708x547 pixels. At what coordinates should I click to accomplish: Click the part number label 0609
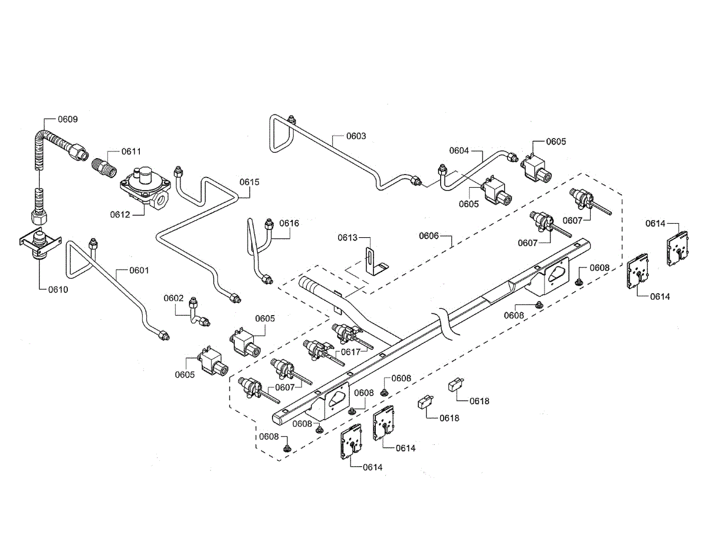(x=68, y=119)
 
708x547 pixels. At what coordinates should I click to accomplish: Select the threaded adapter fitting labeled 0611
(x=104, y=168)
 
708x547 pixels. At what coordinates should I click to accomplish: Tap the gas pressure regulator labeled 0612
(x=145, y=188)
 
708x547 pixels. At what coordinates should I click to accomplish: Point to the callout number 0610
(x=58, y=289)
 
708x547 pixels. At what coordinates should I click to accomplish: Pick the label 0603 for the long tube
(x=356, y=136)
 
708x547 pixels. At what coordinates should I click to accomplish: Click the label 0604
(x=459, y=150)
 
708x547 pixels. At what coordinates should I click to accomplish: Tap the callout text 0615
(x=250, y=182)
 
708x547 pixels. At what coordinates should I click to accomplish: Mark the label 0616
(x=289, y=223)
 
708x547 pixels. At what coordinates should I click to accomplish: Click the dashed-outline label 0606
(x=429, y=235)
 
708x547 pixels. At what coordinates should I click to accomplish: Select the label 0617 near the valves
(x=351, y=352)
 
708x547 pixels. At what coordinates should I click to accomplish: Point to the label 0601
(x=139, y=270)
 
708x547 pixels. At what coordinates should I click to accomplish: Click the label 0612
(x=120, y=214)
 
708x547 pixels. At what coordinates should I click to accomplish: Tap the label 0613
(x=348, y=237)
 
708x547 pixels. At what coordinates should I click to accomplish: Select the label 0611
(x=132, y=151)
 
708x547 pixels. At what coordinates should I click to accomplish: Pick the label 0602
(x=173, y=298)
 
